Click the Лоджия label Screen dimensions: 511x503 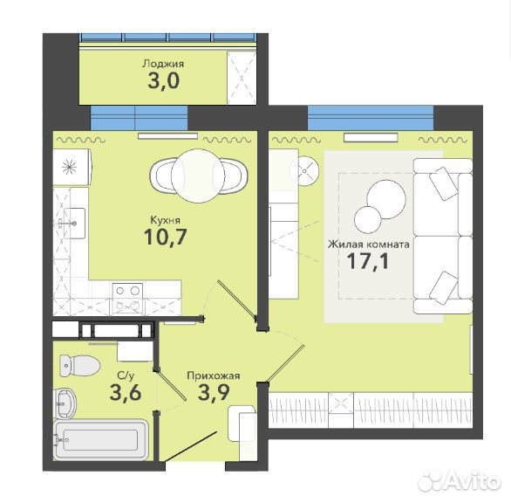[x=163, y=64]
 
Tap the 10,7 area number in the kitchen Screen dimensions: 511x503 [x=166, y=237]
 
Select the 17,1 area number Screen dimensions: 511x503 [x=368, y=261]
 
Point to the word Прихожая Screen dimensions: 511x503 [x=214, y=376]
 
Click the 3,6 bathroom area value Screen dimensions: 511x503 [x=126, y=392]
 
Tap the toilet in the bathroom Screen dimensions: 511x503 [x=79, y=365]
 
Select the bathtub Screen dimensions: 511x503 [x=101, y=440]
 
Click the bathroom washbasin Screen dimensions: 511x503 [x=65, y=403]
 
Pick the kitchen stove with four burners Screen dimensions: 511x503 [x=127, y=299]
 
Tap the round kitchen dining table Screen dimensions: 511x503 [x=198, y=176]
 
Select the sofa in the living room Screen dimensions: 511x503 [x=443, y=237]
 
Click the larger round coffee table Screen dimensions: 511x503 [x=386, y=199]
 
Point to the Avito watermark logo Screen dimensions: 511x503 [x=460, y=480]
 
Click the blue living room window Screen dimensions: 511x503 [x=371, y=118]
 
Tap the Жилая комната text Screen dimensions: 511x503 [x=369, y=245]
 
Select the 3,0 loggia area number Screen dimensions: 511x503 [x=164, y=80]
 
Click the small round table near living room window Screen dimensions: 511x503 [x=305, y=171]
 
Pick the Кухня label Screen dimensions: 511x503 [x=165, y=220]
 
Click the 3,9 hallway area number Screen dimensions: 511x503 [x=214, y=393]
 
